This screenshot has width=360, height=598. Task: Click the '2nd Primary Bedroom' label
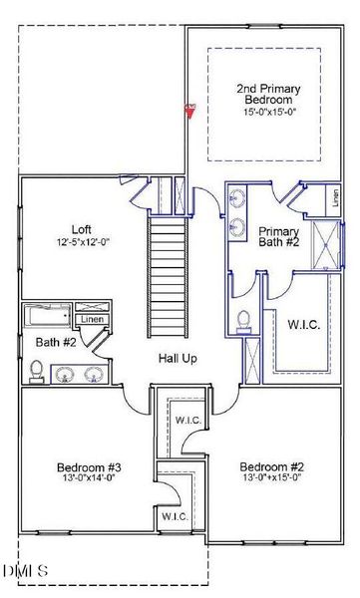coord(264,95)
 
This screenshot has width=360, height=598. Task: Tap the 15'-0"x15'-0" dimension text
coord(264,113)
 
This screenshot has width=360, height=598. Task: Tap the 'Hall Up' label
coord(178,358)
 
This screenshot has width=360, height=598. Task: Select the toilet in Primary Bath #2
coord(244,322)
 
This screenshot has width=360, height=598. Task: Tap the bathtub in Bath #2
coord(46,318)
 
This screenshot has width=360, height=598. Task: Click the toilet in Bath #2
coord(37,371)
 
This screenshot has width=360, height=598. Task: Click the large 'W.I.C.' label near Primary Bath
coord(303,324)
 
